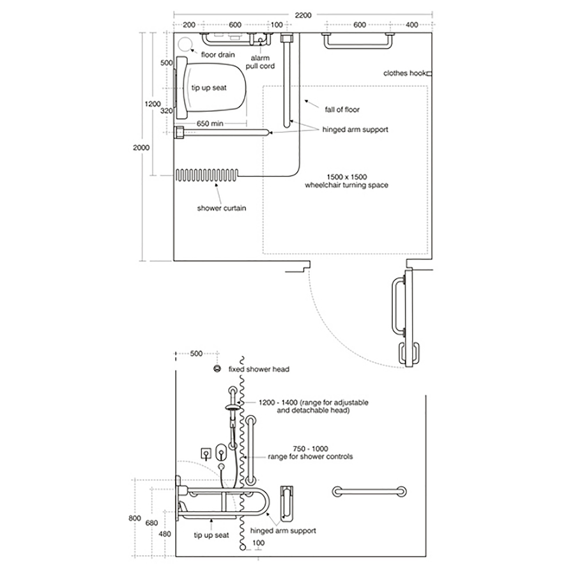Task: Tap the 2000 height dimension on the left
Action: coord(141,147)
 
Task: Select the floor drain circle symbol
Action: coord(186,45)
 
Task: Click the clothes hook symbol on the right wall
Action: coord(429,73)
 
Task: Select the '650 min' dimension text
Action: coord(210,123)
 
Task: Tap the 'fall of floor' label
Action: coord(342,110)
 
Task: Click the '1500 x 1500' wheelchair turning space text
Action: coord(347,176)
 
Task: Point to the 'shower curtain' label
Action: coord(221,208)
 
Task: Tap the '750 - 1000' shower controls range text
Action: coord(289,448)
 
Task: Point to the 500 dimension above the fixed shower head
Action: coord(196,353)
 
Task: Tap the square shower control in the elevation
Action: coord(206,453)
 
